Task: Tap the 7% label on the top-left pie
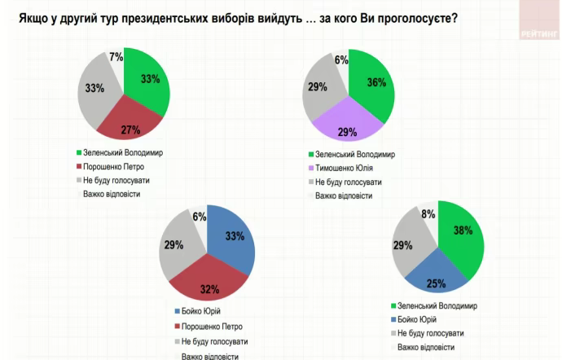[x=116, y=57]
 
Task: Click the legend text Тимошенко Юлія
[x=343, y=168]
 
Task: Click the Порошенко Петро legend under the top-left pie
[x=113, y=166]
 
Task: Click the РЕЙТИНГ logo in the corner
[x=538, y=33]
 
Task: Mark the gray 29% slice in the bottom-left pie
[x=178, y=248]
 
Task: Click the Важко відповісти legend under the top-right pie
[x=344, y=195]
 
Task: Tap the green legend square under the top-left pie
[x=78, y=152]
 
